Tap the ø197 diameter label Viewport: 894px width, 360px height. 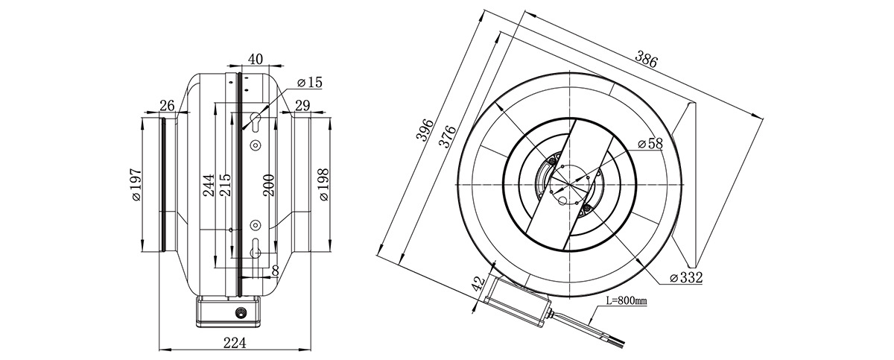pos(136,184)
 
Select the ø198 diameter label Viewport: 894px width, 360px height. pos(323,184)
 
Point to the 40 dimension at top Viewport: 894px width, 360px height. pos(256,59)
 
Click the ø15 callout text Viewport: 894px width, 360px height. pos(310,83)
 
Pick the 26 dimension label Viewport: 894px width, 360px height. pos(167,106)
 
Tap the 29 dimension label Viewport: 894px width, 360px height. pos(302,105)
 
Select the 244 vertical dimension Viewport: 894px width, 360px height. pos(209,185)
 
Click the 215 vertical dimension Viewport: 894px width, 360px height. pos(225,184)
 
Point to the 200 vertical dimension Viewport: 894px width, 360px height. pos(269,185)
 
